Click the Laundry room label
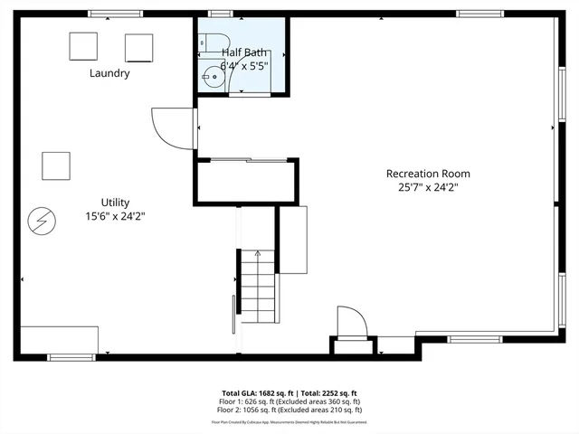tap(109, 73)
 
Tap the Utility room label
tap(115, 202)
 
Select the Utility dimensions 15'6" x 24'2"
tap(115, 216)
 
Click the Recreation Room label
tap(428, 174)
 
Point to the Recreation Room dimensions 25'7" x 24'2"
tap(428, 188)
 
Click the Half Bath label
tap(242, 52)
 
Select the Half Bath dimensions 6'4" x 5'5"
tap(242, 65)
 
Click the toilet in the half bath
tap(207, 42)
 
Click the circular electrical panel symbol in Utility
tap(41, 219)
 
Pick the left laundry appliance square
tap(83, 46)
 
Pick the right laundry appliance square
tap(138, 48)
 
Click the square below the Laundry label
tap(56, 165)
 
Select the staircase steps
tap(257, 286)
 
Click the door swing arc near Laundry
tap(172, 127)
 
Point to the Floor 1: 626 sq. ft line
tap(289, 401)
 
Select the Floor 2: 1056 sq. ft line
tap(289, 410)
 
